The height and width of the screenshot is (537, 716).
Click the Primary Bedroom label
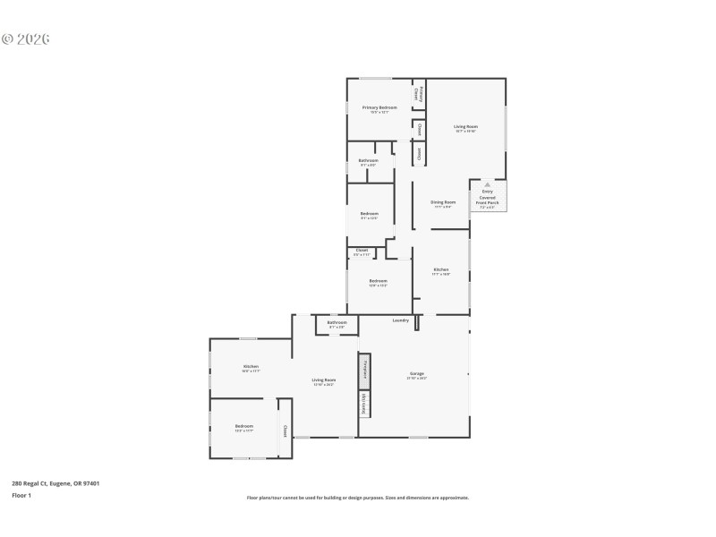[379, 107]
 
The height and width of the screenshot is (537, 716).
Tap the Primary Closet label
[418, 93]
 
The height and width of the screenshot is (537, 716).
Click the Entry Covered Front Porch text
[488, 197]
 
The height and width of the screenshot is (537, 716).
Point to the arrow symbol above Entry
[488, 184]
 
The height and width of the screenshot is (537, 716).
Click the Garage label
[417, 373]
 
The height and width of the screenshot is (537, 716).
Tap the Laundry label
[401, 320]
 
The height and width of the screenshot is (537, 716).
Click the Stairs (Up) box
[365, 404]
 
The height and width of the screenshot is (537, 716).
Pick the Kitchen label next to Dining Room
[441, 270]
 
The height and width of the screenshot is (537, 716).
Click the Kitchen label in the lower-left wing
[251, 367]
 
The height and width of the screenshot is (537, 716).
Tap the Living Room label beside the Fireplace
[323, 380]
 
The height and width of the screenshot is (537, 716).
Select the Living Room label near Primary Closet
[465, 127]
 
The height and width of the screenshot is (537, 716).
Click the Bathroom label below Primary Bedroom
[368, 161]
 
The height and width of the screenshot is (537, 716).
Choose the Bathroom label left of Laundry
[337, 322]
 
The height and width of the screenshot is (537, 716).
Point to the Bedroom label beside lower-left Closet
[244, 426]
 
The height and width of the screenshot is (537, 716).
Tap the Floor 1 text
[21, 495]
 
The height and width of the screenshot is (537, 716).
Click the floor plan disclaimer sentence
[358, 498]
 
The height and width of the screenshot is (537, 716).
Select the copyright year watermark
[26, 39]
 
